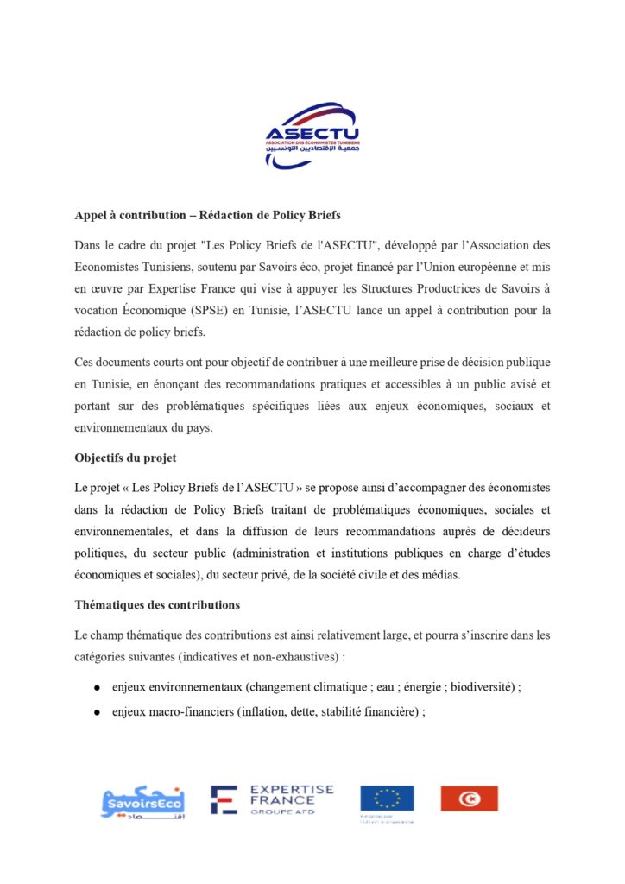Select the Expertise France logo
pyautogui.click(x=272, y=799)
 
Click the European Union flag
pyautogui.click(x=387, y=799)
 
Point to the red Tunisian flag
pyautogui.click(x=469, y=799)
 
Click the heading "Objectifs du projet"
pyautogui.click(x=126, y=458)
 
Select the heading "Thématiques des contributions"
pyautogui.click(x=157, y=605)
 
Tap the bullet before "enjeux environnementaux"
pyautogui.click(x=98, y=689)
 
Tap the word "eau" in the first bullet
pyautogui.click(x=369, y=688)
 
